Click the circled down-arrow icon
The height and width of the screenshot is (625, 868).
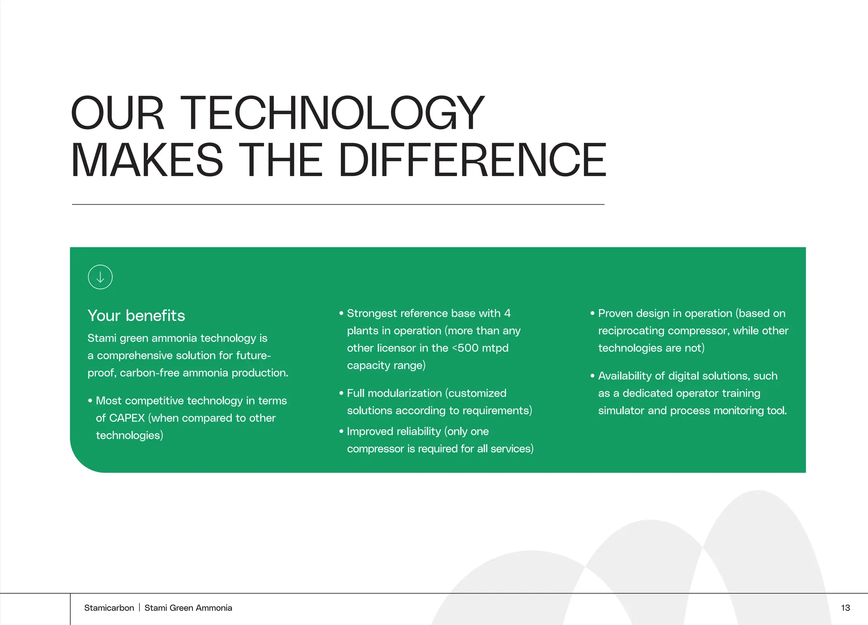pos(100,277)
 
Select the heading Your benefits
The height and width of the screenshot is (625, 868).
pos(136,316)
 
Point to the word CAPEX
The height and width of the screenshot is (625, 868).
pos(127,418)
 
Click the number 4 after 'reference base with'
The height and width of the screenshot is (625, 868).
pos(507,313)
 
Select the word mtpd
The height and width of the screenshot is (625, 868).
pos(495,348)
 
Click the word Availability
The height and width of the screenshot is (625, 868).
pos(625,376)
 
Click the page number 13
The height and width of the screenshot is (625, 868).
pos(845,608)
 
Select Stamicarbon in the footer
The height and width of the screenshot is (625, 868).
pos(109,608)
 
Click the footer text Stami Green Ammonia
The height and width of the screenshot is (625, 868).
pos(188,608)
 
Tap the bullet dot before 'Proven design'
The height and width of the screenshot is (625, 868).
pos(593,314)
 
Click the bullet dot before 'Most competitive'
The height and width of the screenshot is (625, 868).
pos(90,401)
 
